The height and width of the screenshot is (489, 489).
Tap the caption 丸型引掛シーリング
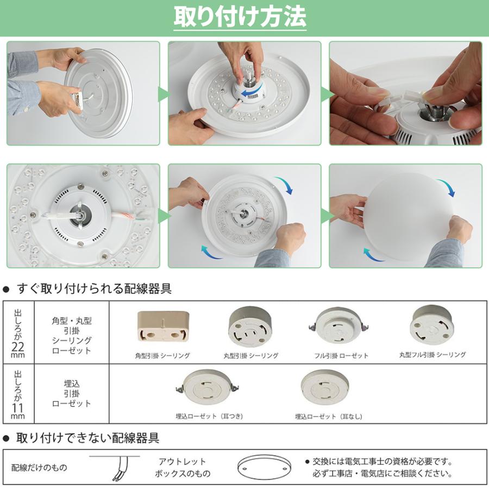(x=250, y=355)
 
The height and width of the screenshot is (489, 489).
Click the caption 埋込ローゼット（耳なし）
(x=328, y=417)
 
